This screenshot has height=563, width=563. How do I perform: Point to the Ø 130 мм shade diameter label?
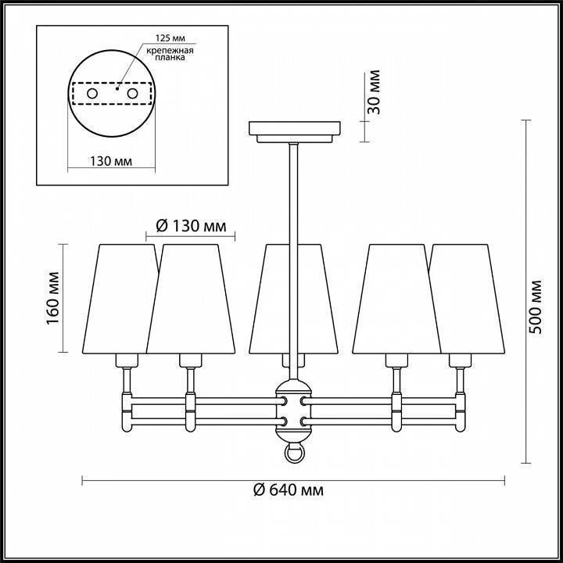[191, 227]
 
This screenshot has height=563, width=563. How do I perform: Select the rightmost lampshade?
[468, 297]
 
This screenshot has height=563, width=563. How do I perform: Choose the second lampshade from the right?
[394, 297]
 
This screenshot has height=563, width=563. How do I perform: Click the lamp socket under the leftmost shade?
[125, 360]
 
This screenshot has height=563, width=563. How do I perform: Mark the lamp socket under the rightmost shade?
[461, 360]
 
